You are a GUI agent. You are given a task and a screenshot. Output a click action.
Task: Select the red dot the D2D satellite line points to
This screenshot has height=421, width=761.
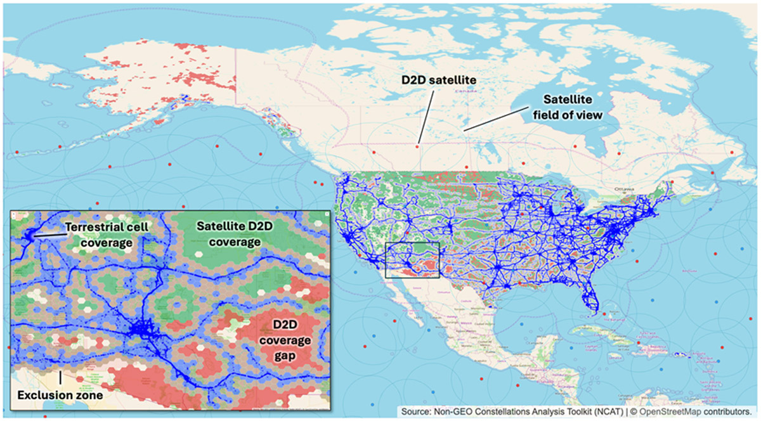tap(417, 147)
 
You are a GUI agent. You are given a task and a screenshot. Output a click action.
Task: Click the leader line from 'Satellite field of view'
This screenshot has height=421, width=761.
tap(495, 119)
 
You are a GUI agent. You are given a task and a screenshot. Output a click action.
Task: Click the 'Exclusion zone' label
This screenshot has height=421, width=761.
tap(60, 396)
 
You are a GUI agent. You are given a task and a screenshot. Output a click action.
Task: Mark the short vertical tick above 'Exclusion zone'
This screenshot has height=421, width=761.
tap(60, 378)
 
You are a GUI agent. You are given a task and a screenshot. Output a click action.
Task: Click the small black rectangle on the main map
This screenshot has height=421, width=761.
tap(412, 260)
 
